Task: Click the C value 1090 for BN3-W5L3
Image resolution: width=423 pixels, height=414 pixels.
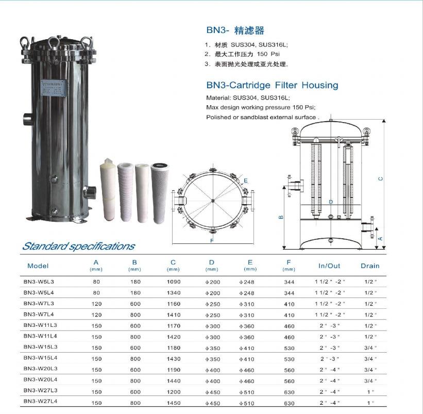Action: pyautogui.click(x=174, y=282)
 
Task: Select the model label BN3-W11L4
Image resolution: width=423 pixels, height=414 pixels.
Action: pyautogui.click(x=40, y=336)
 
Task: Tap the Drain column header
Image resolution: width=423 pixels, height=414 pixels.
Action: pyautogui.click(x=370, y=266)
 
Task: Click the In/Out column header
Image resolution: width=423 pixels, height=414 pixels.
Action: pyautogui.click(x=329, y=266)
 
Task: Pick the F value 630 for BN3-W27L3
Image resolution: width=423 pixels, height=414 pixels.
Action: pyautogui.click(x=289, y=392)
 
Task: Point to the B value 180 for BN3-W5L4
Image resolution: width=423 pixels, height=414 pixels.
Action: pyautogui.click(x=135, y=293)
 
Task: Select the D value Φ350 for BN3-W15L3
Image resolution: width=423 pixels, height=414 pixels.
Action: pyautogui.click(x=213, y=348)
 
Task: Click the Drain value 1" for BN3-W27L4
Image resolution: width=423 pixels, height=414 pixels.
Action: pyautogui.click(x=370, y=403)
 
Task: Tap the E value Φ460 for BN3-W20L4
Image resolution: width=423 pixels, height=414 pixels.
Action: pyautogui.click(x=247, y=381)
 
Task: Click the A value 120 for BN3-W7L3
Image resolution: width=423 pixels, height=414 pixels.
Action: pyautogui.click(x=96, y=304)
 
